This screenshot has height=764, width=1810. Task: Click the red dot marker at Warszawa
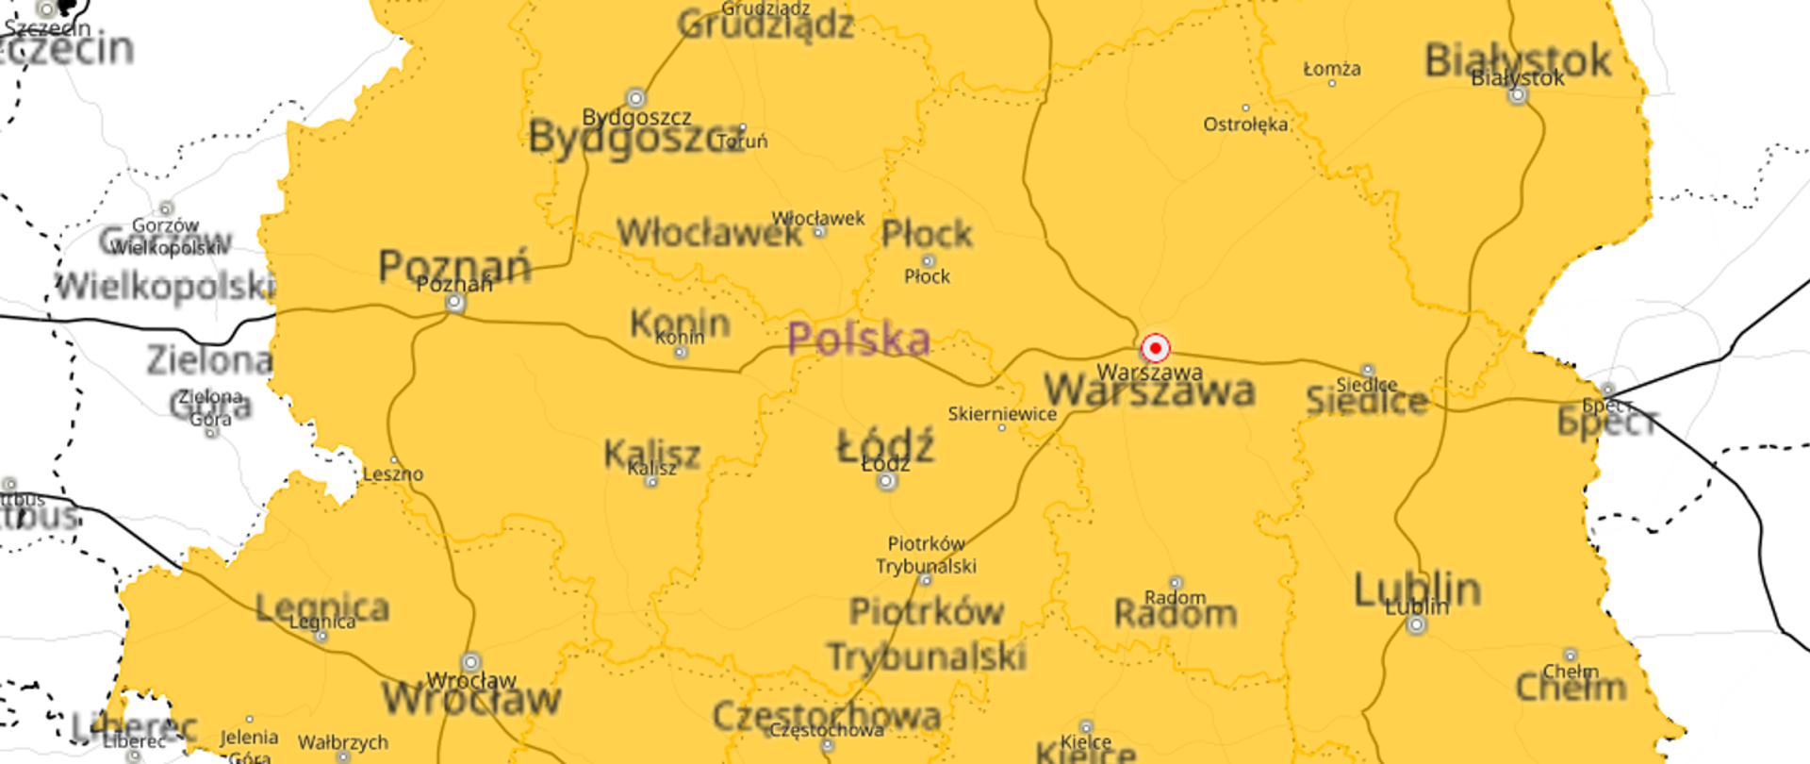coord(1155,348)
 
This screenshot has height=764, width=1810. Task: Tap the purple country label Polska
coord(859,339)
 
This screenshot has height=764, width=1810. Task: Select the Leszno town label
coord(393,473)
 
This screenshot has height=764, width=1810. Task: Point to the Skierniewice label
coord(1002,413)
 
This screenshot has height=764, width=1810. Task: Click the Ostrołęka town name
coord(1245,124)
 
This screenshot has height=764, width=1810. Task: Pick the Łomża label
coord(1331,69)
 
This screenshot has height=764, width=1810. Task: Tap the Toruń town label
coord(743,141)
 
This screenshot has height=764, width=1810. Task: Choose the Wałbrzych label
coord(342,742)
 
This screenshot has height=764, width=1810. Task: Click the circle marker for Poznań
coord(455,303)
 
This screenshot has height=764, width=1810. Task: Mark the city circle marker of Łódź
coord(886,482)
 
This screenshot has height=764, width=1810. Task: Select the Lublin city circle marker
coord(1416,624)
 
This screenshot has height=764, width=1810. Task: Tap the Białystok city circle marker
coord(1518,95)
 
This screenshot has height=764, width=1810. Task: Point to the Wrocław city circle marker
coord(470,662)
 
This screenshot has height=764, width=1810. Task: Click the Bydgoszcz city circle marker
coord(636,98)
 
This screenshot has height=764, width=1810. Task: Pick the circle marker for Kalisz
coord(651,482)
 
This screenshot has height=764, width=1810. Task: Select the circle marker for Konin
coord(681,352)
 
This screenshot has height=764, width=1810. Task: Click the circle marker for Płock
coord(928,261)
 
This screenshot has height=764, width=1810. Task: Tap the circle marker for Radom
coord(1176,583)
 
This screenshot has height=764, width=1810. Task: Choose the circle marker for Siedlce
coord(1368,371)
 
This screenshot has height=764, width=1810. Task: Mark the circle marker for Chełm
coord(1570,655)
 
